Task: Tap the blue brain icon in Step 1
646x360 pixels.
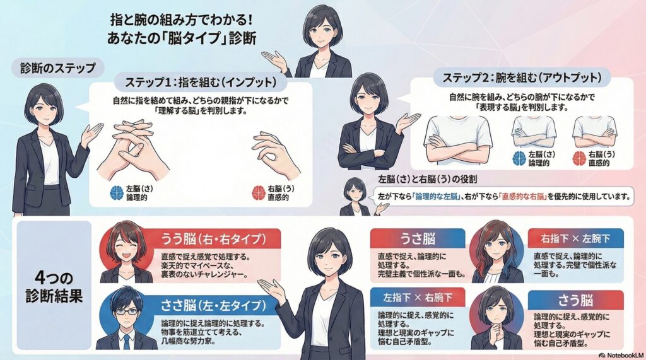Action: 117,192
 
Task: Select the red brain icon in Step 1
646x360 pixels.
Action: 259,192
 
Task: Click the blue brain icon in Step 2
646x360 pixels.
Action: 519,158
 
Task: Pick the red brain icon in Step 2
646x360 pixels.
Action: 580,158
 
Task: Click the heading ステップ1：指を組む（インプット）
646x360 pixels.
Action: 201,82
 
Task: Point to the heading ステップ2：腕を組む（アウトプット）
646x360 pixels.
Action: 522,78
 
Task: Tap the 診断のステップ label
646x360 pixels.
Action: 58,67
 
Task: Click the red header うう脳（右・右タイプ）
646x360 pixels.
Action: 213,238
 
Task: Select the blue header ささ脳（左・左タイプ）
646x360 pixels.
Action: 213,305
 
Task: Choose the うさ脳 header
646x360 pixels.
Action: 418,238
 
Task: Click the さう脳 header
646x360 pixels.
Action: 575,300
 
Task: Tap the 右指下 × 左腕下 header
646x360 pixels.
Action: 575,238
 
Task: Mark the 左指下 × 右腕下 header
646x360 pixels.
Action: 418,297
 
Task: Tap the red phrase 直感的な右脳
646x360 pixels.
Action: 523,196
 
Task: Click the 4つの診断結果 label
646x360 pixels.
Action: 54,287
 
